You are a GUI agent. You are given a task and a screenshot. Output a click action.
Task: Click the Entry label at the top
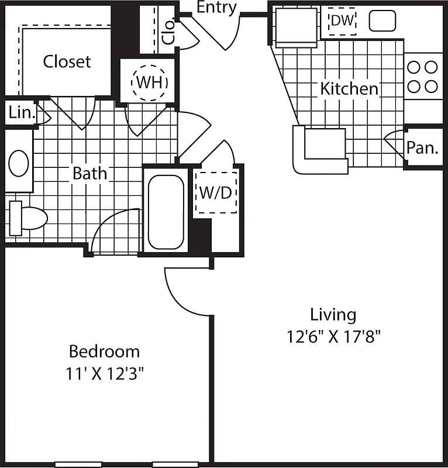coord(216,8)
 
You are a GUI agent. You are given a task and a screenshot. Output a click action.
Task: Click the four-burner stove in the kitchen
coord(423,77)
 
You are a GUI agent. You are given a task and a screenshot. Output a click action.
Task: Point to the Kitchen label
coord(349,90)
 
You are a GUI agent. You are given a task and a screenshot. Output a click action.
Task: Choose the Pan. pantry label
coord(423,148)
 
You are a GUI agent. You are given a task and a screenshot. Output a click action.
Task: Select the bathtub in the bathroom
coord(166,212)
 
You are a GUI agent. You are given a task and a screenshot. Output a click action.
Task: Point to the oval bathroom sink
coord(19,163)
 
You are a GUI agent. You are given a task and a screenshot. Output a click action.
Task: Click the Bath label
coord(89,173)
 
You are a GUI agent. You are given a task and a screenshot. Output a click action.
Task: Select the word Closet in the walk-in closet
coord(67,61)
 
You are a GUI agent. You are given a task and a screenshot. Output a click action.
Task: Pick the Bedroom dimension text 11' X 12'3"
coord(104,373)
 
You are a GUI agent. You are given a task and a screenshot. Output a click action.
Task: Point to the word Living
coord(333,315)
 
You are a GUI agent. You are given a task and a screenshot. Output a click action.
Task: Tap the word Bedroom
coord(104,352)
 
